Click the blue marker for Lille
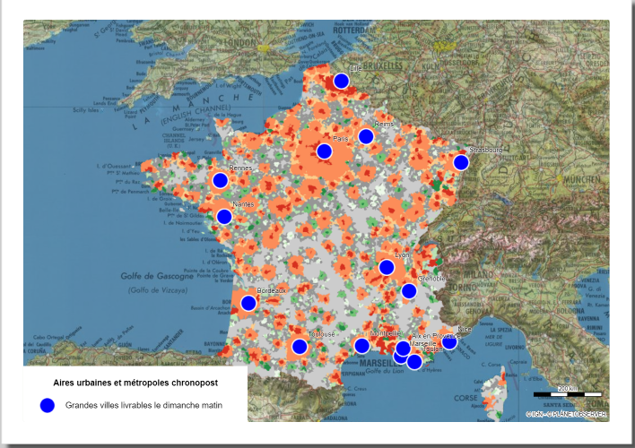click(x=341, y=82)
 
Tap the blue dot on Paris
click(x=324, y=151)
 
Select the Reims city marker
click(x=366, y=136)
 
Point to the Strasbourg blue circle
click(x=461, y=162)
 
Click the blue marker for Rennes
click(x=220, y=180)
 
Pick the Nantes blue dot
click(x=224, y=216)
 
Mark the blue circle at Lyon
click(x=387, y=267)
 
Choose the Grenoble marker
click(x=409, y=290)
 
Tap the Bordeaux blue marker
click(x=248, y=303)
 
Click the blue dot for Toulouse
click(x=300, y=347)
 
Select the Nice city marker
click(x=449, y=341)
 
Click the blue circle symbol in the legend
click(x=48, y=405)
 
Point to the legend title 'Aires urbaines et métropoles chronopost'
click(x=135, y=383)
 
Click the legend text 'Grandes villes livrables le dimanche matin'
click(x=144, y=405)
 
